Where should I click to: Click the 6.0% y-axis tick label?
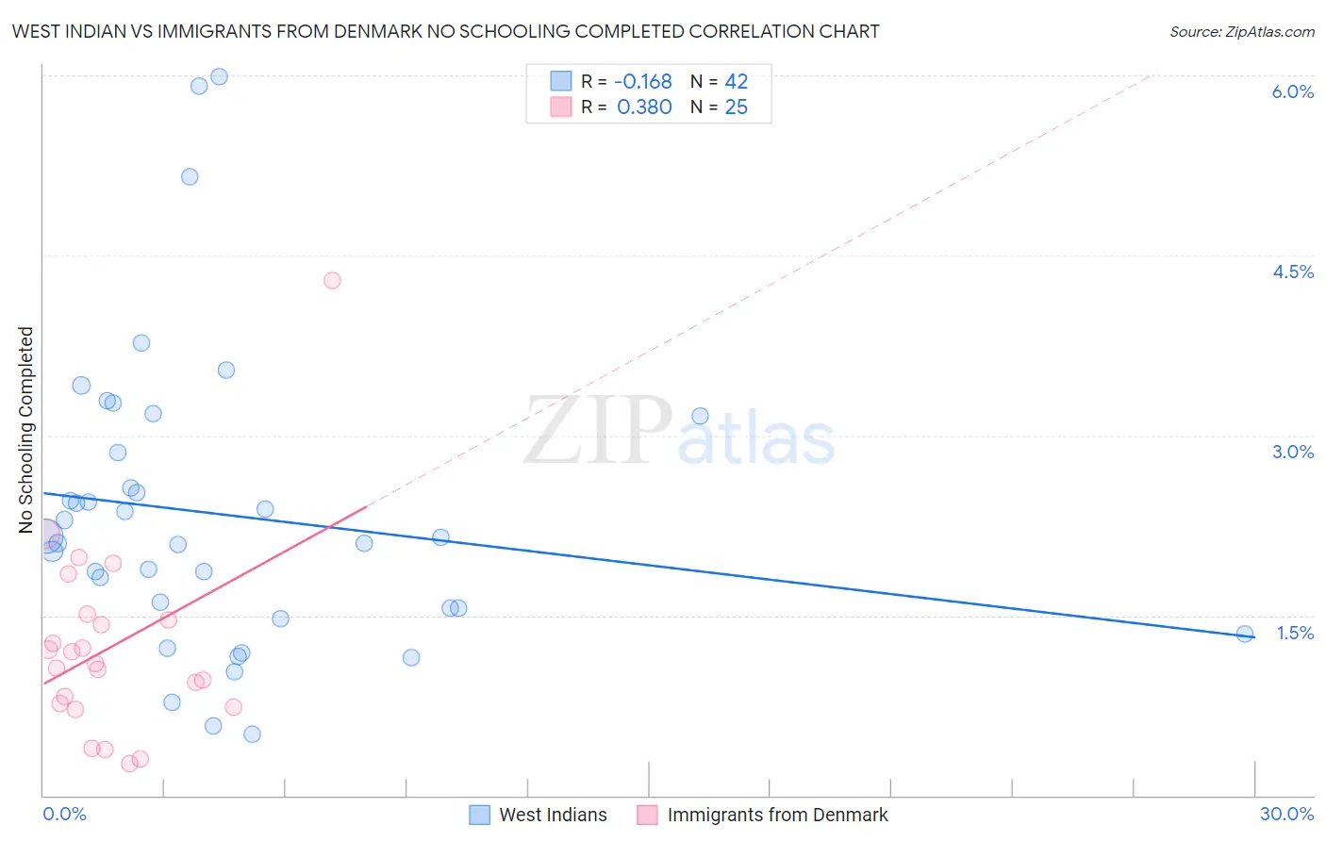[1292, 91]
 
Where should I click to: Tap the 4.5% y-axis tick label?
[1292, 272]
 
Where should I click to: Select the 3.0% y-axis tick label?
[1292, 452]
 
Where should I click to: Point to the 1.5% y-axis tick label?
[1295, 633]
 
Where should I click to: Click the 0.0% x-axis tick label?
[64, 814]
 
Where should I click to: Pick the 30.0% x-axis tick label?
[1286, 814]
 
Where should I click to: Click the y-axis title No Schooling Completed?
[26, 429]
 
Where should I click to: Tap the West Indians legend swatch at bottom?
[479, 815]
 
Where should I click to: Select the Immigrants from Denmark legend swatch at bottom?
[647, 815]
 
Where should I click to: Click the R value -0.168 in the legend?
[643, 82]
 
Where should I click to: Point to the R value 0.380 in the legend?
[644, 107]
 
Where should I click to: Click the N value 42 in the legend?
[736, 82]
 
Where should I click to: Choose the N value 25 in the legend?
[736, 107]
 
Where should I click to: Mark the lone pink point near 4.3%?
[332, 280]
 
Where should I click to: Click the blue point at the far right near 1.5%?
[1245, 634]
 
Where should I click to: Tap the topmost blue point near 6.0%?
[219, 76]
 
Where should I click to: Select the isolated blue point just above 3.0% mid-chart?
[700, 416]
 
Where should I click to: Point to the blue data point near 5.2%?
[190, 176]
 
